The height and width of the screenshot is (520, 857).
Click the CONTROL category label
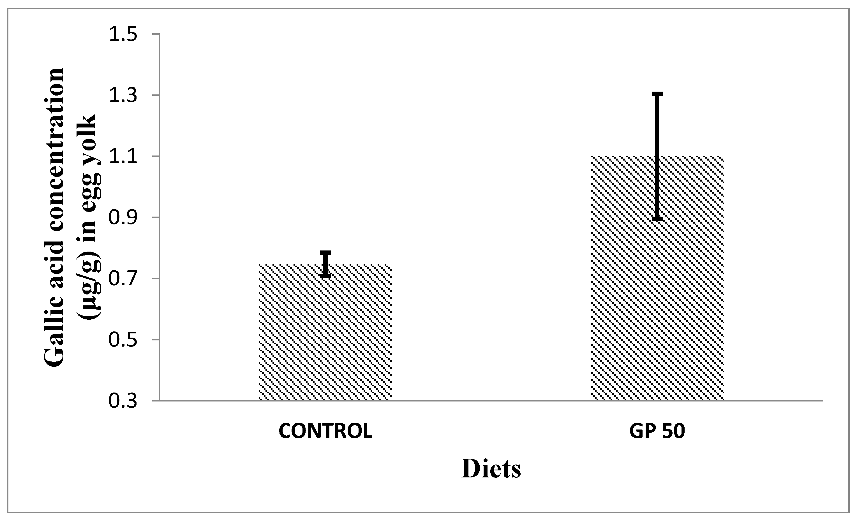tap(325, 431)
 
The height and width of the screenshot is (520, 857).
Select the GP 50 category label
tap(657, 431)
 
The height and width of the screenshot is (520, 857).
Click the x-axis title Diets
tap(491, 469)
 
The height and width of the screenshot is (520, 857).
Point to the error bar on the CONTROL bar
tap(325, 264)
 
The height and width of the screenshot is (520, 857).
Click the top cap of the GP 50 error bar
tap(657, 94)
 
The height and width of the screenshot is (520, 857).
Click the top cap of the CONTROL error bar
tap(325, 252)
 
